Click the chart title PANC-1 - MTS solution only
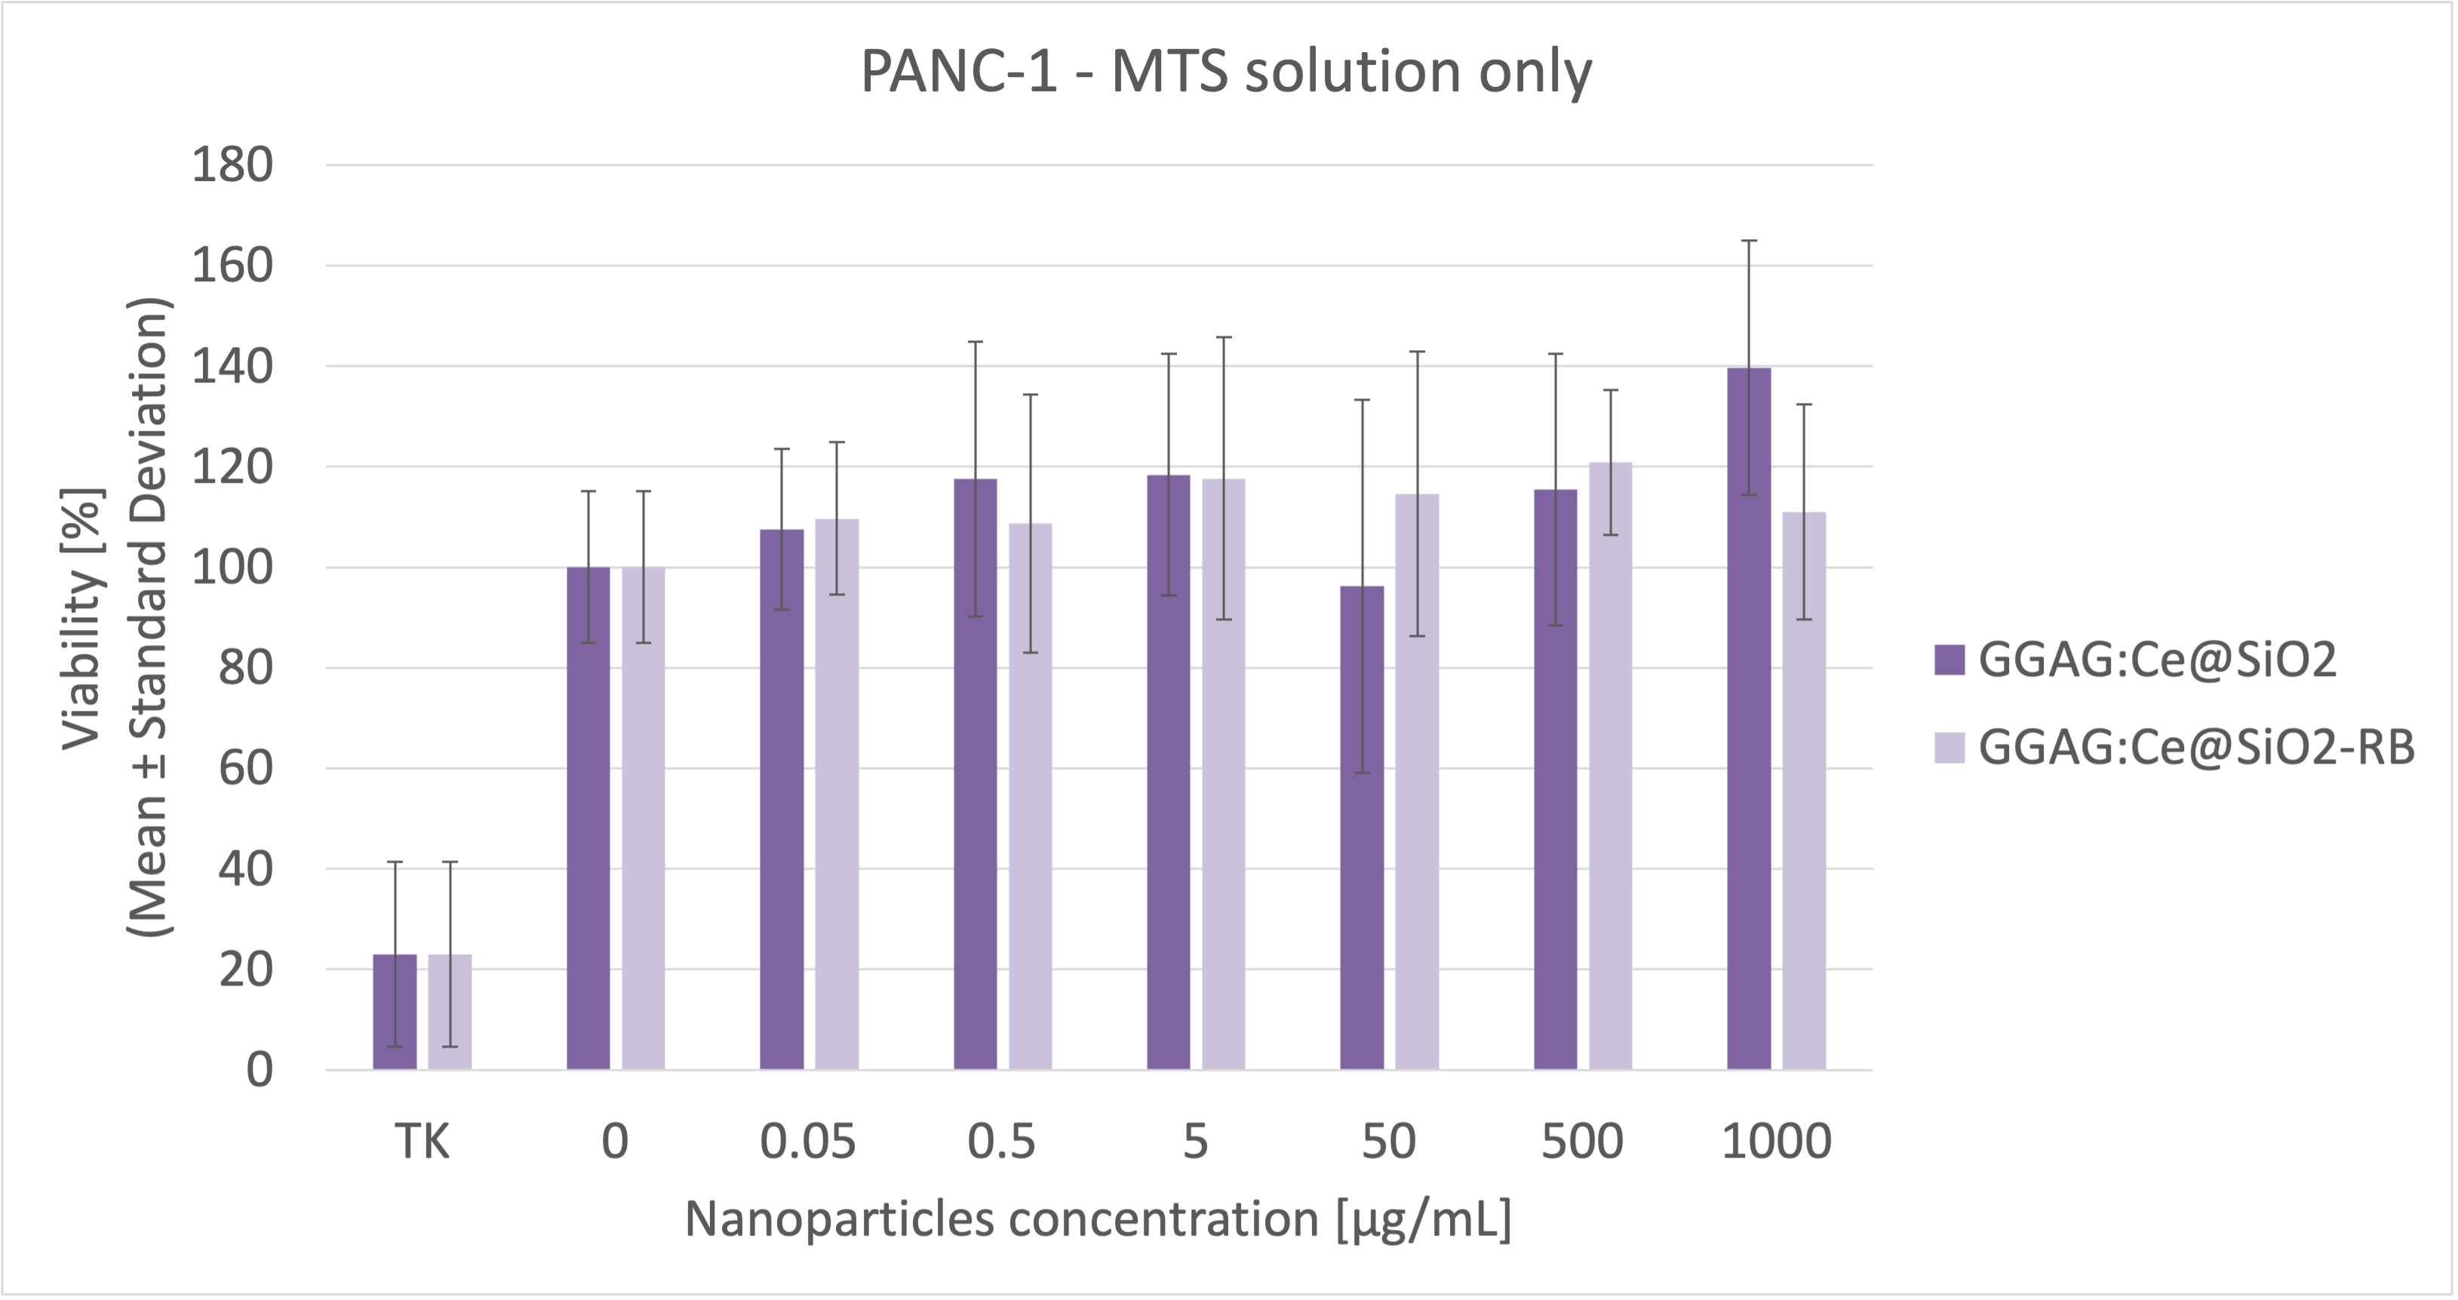1226,72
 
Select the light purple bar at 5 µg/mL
1223,773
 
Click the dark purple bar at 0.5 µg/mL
976,773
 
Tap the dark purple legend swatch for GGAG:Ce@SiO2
1950,659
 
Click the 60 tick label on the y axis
245,768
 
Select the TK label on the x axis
422,1142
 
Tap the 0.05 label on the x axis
808,1142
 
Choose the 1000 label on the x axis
1776,1142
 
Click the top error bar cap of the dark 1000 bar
1749,241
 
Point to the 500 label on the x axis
1582,1142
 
